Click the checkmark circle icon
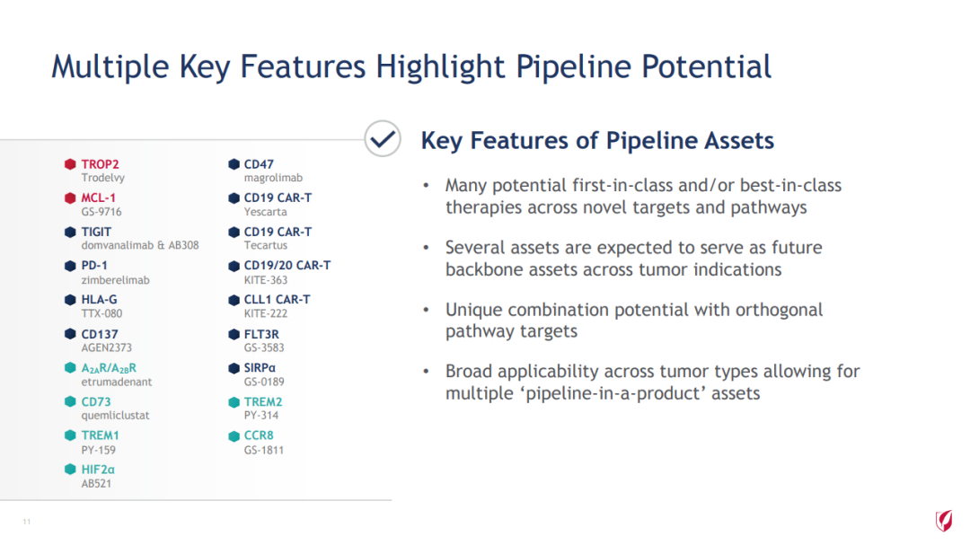(383, 138)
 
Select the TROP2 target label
(100, 164)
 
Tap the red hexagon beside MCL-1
(70, 198)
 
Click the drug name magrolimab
(273, 178)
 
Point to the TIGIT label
(96, 232)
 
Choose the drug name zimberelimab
(116, 280)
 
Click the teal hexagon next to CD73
(70, 401)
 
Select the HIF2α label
(98, 470)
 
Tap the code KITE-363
(265, 280)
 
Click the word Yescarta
(265, 212)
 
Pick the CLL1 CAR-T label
(278, 299)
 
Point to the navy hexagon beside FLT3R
(234, 334)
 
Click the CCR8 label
(259, 435)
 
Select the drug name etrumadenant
(116, 382)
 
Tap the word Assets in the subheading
(738, 140)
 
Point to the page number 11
(27, 523)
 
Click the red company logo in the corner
(943, 520)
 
